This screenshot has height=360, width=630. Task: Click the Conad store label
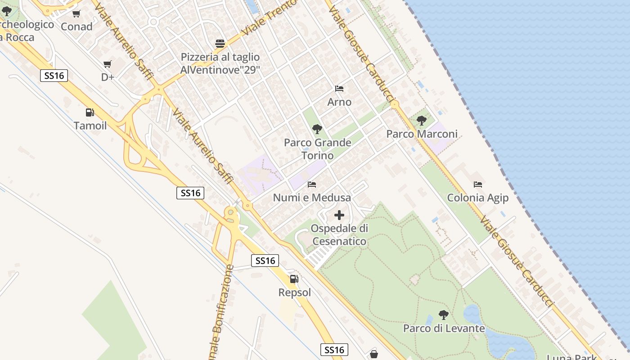point(76,27)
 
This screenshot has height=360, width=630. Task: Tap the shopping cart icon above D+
point(107,64)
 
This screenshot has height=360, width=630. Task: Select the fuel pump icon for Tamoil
point(90,112)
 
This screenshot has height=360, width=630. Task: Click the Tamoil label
point(90,126)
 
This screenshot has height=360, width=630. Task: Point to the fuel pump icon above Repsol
point(294,279)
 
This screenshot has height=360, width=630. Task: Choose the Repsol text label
point(295,292)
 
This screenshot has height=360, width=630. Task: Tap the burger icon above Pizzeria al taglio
point(220,44)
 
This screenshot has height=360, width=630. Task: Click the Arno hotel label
point(339,102)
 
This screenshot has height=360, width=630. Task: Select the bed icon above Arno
point(339,89)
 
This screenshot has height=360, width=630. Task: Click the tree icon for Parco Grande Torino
point(317,129)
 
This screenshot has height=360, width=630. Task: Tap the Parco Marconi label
point(422,134)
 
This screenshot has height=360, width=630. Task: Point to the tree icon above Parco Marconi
point(422,120)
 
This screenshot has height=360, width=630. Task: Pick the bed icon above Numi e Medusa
point(312,184)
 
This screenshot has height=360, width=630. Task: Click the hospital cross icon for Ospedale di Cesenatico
point(339,215)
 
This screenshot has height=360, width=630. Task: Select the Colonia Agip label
point(477,198)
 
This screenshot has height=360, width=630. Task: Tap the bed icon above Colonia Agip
point(478,184)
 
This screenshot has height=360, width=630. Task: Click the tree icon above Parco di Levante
point(444,315)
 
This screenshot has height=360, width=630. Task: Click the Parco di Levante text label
point(444,328)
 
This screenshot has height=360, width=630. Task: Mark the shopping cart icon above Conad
point(76,14)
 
